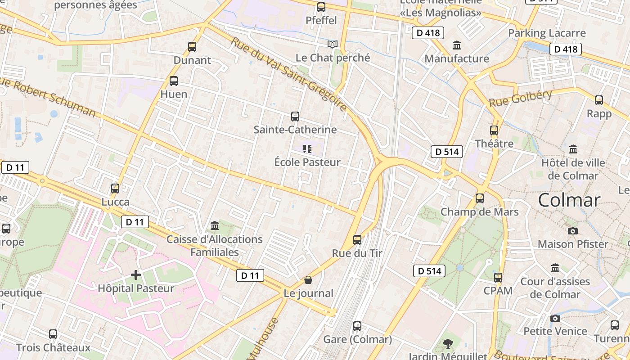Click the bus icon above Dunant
click(192, 46)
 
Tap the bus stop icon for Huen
click(174, 81)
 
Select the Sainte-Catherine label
click(295, 130)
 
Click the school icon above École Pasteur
click(307, 148)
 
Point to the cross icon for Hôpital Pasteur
click(136, 274)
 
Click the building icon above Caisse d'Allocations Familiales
click(215, 225)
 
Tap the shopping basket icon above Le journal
click(308, 280)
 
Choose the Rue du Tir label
click(357, 253)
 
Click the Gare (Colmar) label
click(357, 339)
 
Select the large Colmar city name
click(569, 200)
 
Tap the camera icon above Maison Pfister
click(573, 231)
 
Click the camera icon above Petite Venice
click(555, 318)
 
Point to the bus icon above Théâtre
click(494, 130)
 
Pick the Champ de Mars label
click(479, 212)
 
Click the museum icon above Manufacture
click(457, 45)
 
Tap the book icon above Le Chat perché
click(333, 44)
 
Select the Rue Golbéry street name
click(520, 99)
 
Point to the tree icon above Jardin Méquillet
click(448, 344)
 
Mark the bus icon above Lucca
click(115, 189)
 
